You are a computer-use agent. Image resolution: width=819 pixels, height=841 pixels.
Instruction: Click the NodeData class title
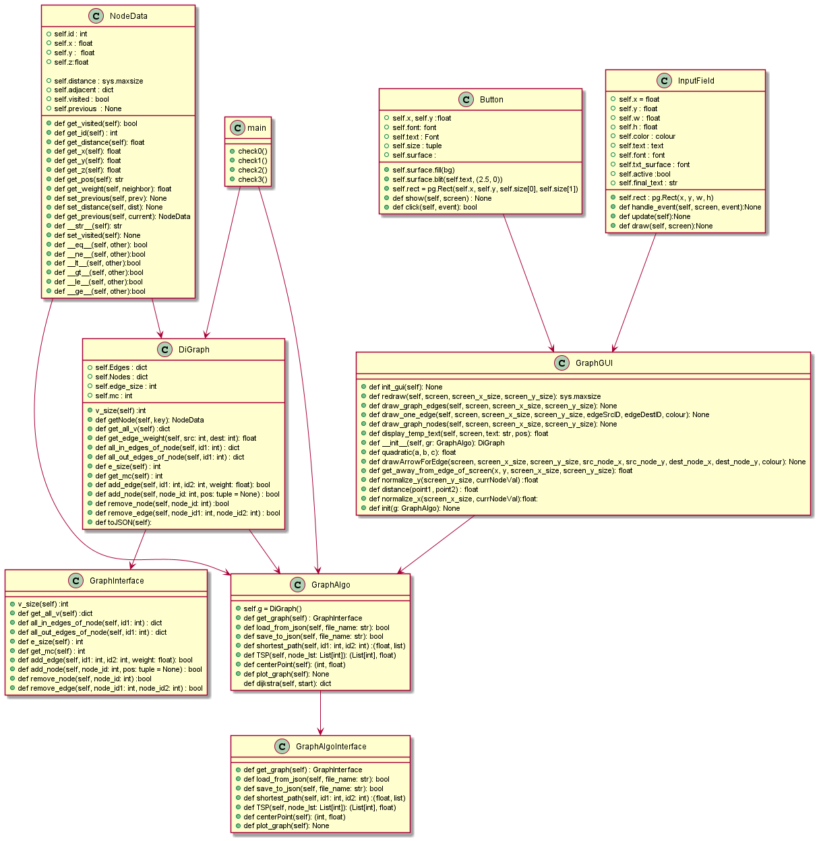point(128,16)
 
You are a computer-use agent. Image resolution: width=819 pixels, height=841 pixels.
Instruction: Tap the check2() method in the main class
point(252,170)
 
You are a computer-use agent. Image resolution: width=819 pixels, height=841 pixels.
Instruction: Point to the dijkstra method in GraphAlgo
point(287,683)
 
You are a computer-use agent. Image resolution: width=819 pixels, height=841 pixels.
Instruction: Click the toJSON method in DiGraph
point(123,522)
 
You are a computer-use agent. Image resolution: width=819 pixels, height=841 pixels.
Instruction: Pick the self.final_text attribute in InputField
point(648,183)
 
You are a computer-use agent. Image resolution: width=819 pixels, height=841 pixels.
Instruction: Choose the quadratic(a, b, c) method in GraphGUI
point(412,452)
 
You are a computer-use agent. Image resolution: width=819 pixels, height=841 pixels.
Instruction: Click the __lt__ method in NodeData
point(97,263)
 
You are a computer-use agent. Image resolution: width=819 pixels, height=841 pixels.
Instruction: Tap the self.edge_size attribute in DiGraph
point(125,386)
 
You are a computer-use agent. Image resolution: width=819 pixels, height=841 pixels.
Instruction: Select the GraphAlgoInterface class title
point(331,747)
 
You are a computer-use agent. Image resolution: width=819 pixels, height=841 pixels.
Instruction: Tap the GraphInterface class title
point(117,581)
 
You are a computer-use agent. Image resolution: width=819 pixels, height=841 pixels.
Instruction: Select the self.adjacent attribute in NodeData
point(84,90)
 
